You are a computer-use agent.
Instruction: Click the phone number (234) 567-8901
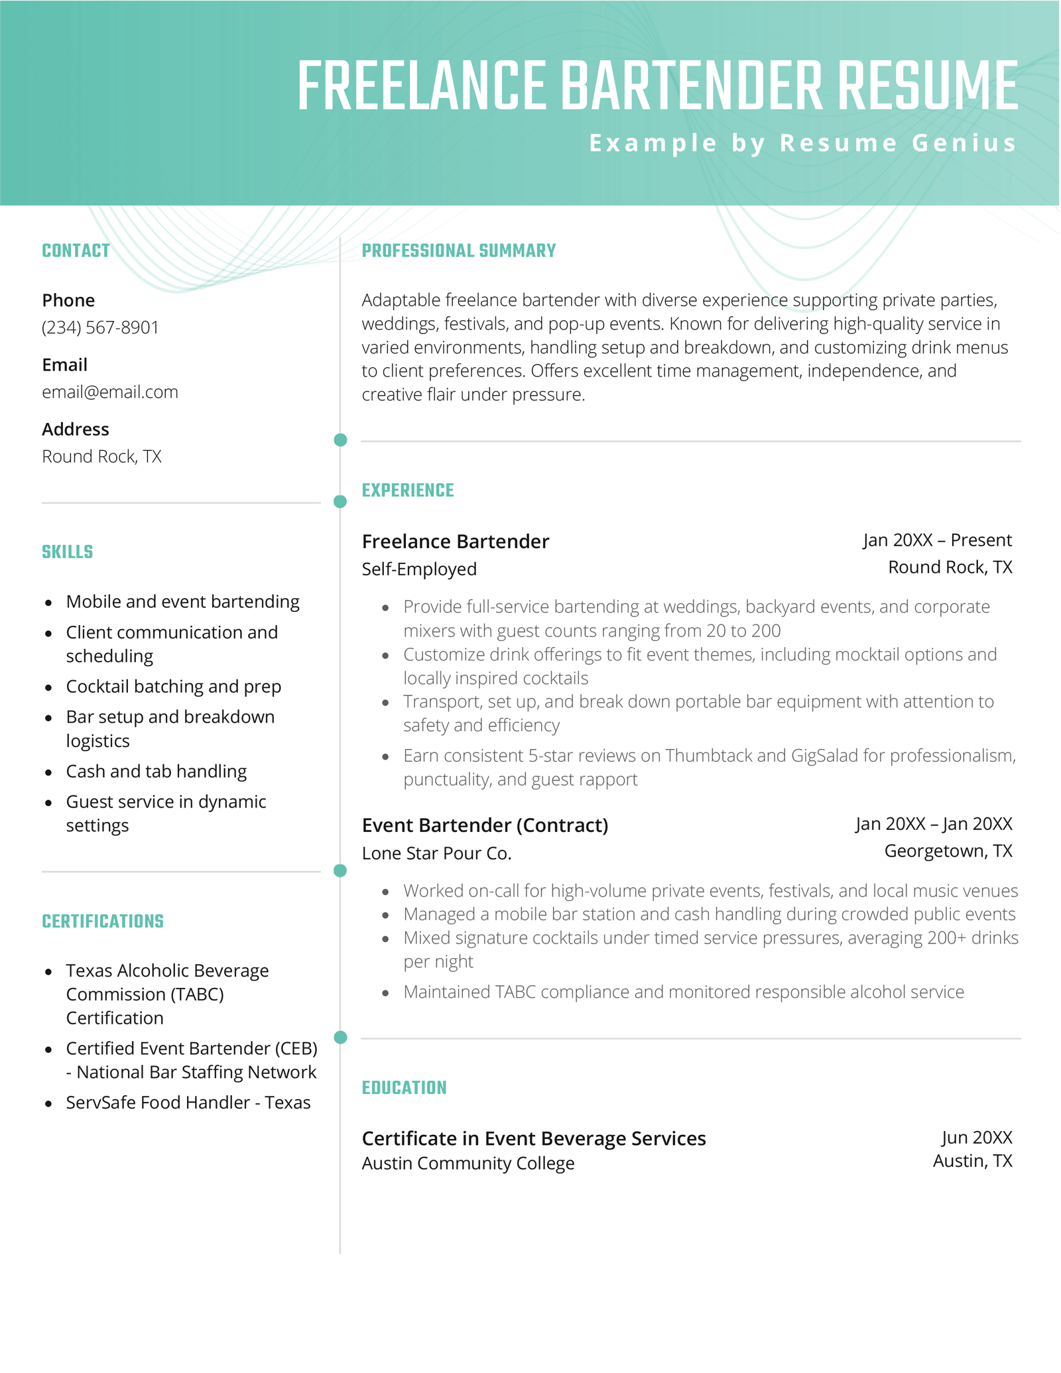100,328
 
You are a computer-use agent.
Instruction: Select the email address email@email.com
110,392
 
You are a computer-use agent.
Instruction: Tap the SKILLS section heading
67,552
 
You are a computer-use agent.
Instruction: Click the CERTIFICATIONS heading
103,921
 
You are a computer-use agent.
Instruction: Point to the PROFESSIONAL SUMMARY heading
458,251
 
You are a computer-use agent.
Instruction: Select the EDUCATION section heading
404,1087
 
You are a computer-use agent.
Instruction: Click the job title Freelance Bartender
455,541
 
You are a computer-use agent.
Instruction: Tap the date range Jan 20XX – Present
937,540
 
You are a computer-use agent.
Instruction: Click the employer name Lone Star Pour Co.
436,853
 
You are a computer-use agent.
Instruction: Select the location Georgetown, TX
948,851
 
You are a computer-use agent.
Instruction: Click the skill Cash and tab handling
156,771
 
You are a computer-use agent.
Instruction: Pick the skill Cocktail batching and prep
173,686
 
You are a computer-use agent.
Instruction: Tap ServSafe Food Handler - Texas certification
188,1102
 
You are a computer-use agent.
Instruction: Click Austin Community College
468,1163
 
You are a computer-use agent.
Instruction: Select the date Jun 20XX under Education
976,1137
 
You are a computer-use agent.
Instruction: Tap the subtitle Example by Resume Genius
802,143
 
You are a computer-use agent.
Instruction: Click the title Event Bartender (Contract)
485,825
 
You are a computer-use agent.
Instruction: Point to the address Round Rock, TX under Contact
101,456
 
